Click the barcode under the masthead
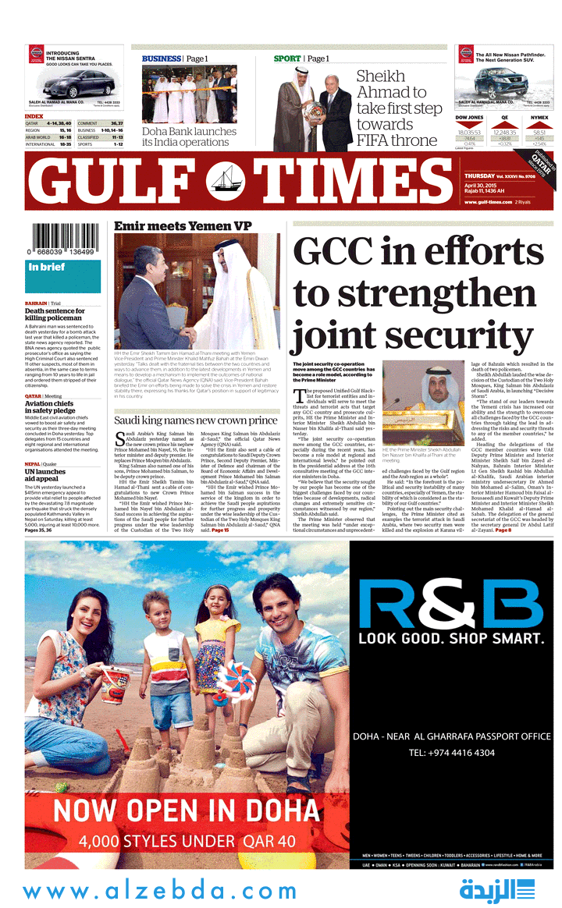[x=63, y=236]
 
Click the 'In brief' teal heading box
[x=62, y=268]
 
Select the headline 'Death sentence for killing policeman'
[x=55, y=314]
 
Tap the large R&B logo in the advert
[x=451, y=602]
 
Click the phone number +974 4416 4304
[x=451, y=753]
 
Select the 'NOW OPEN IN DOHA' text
[x=187, y=811]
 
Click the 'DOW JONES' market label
[x=469, y=118]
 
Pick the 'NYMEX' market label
[x=539, y=118]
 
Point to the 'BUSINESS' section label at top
[x=161, y=59]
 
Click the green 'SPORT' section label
[x=287, y=59]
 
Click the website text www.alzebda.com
[x=160, y=891]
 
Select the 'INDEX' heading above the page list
[x=34, y=116]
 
